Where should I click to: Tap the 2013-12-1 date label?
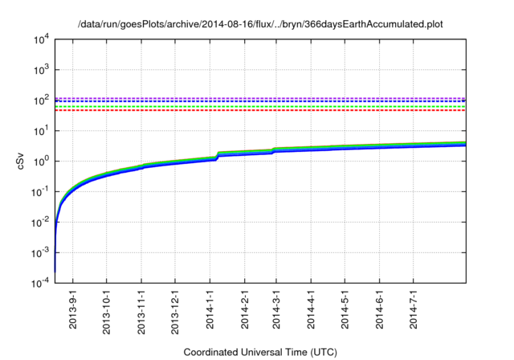(x=175, y=309)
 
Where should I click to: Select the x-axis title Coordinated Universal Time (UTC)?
(x=260, y=352)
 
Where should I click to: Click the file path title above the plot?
(x=260, y=24)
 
